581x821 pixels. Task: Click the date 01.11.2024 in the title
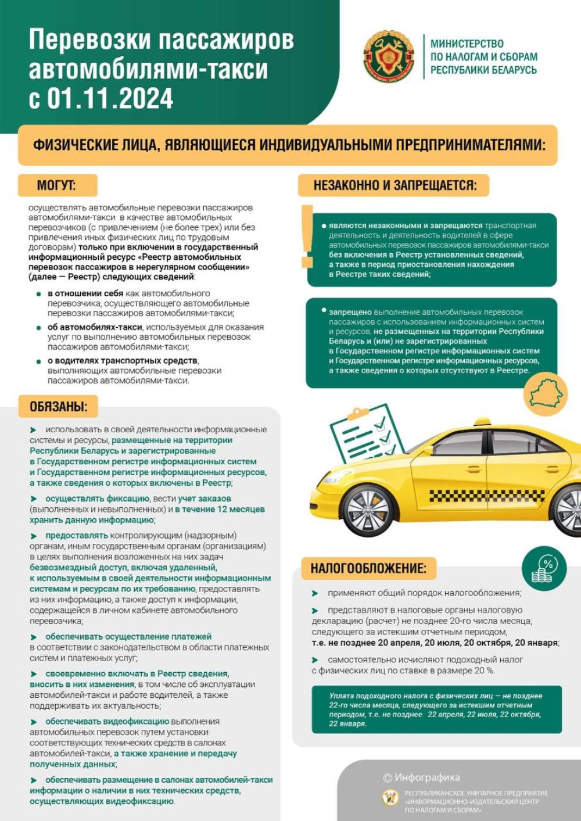click(110, 98)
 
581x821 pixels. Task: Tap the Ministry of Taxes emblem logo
click(388, 56)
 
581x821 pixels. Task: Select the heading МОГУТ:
click(56, 185)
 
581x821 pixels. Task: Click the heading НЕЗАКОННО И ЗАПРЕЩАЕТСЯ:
click(394, 185)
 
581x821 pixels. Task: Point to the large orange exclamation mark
click(307, 236)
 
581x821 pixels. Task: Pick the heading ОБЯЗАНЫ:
click(59, 407)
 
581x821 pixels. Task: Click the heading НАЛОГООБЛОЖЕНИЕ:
click(368, 568)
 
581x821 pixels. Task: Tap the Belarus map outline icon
click(546, 395)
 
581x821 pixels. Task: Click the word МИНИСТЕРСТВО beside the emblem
click(467, 44)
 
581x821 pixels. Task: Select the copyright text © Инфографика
click(421, 777)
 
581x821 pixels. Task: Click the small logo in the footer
click(390, 798)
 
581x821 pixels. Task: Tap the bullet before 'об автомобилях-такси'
click(39, 327)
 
